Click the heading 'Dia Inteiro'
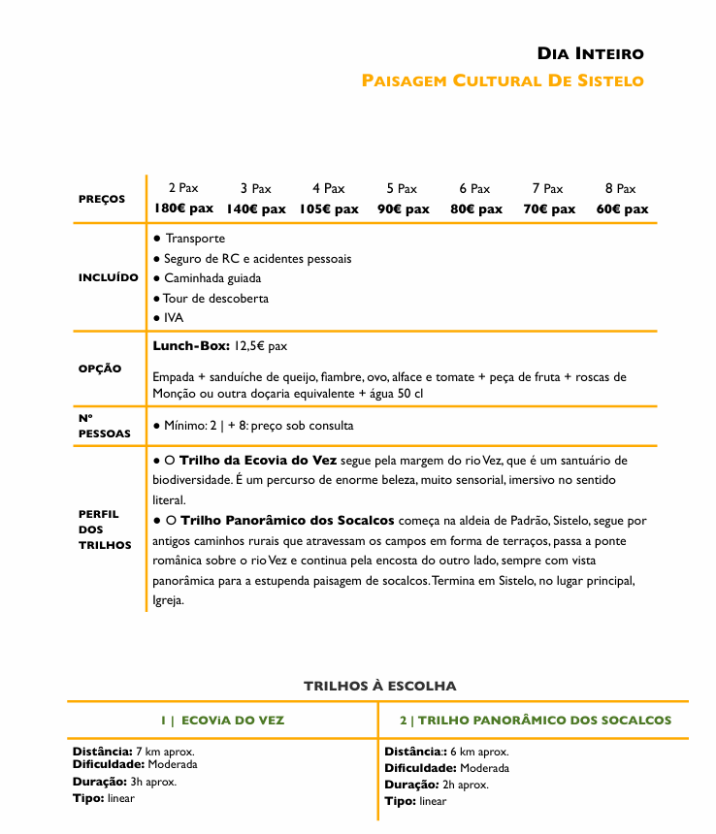pyautogui.click(x=590, y=53)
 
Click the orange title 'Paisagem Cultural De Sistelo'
pyautogui.click(x=503, y=80)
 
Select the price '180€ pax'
pyautogui.click(x=183, y=208)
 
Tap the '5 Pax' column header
pyautogui.click(x=402, y=188)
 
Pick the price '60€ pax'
pyautogui.click(x=622, y=208)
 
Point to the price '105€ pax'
pyautogui.click(x=329, y=208)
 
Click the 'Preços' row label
pyautogui.click(x=102, y=199)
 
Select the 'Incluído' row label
pyautogui.click(x=109, y=277)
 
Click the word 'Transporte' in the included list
pyautogui.click(x=195, y=239)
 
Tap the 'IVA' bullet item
pyautogui.click(x=173, y=318)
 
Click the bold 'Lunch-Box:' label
pyautogui.click(x=191, y=345)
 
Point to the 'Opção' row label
pyautogui.click(x=100, y=369)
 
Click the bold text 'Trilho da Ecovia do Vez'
pyautogui.click(x=258, y=461)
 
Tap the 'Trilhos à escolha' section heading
pyautogui.click(x=379, y=686)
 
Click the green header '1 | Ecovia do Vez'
pyautogui.click(x=222, y=721)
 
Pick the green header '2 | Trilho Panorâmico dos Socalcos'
pyautogui.click(x=535, y=721)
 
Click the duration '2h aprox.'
pyautogui.click(x=464, y=785)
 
